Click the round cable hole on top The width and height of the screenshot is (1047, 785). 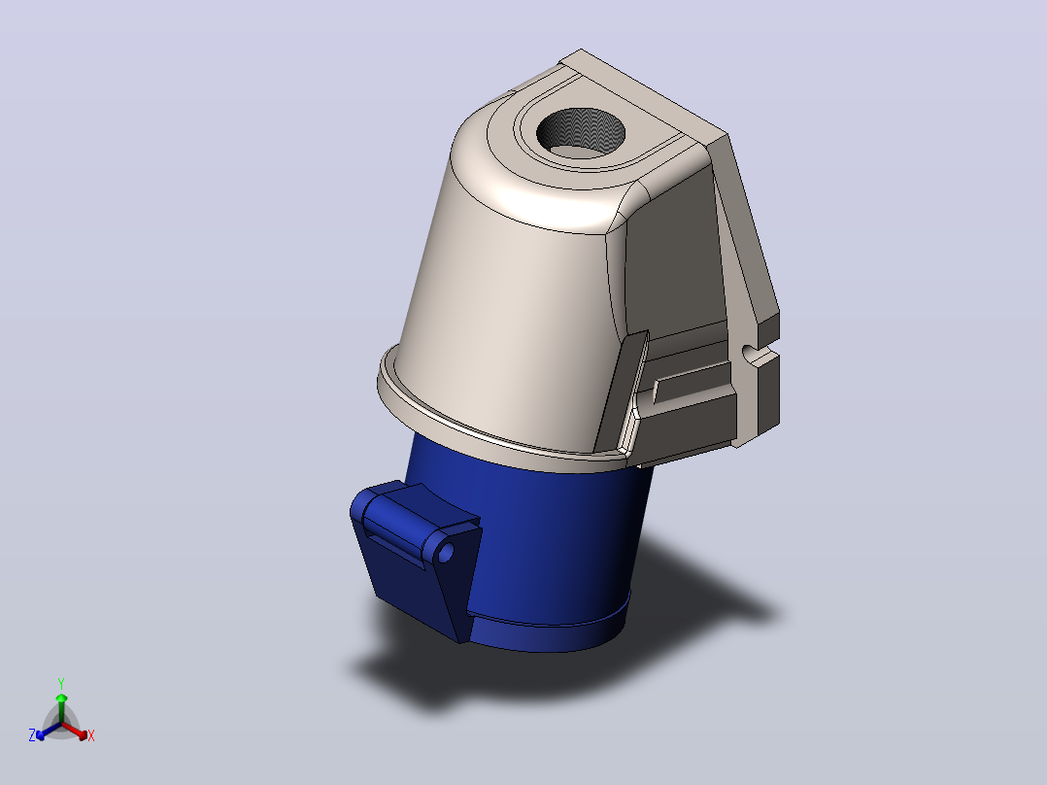pos(580,133)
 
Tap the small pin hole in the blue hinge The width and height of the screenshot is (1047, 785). pos(446,553)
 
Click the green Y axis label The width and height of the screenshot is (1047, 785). pos(61,683)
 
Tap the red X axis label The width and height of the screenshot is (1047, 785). pos(91,735)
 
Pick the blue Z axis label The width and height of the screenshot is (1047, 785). pos(31,735)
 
